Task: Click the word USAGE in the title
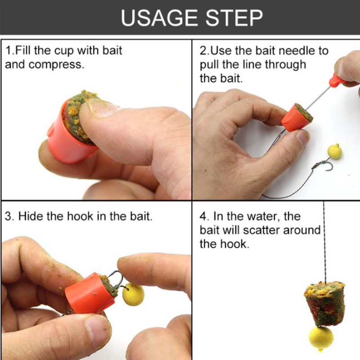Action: tap(159, 18)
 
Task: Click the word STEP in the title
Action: tap(234, 18)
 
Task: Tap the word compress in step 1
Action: tap(56, 65)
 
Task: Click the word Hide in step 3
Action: tap(30, 216)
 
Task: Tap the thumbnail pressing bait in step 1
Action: tap(100, 108)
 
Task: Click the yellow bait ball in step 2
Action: tap(334, 152)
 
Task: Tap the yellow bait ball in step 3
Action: tap(133, 295)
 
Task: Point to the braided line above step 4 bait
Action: tap(324, 241)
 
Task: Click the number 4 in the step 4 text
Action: tap(203, 216)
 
